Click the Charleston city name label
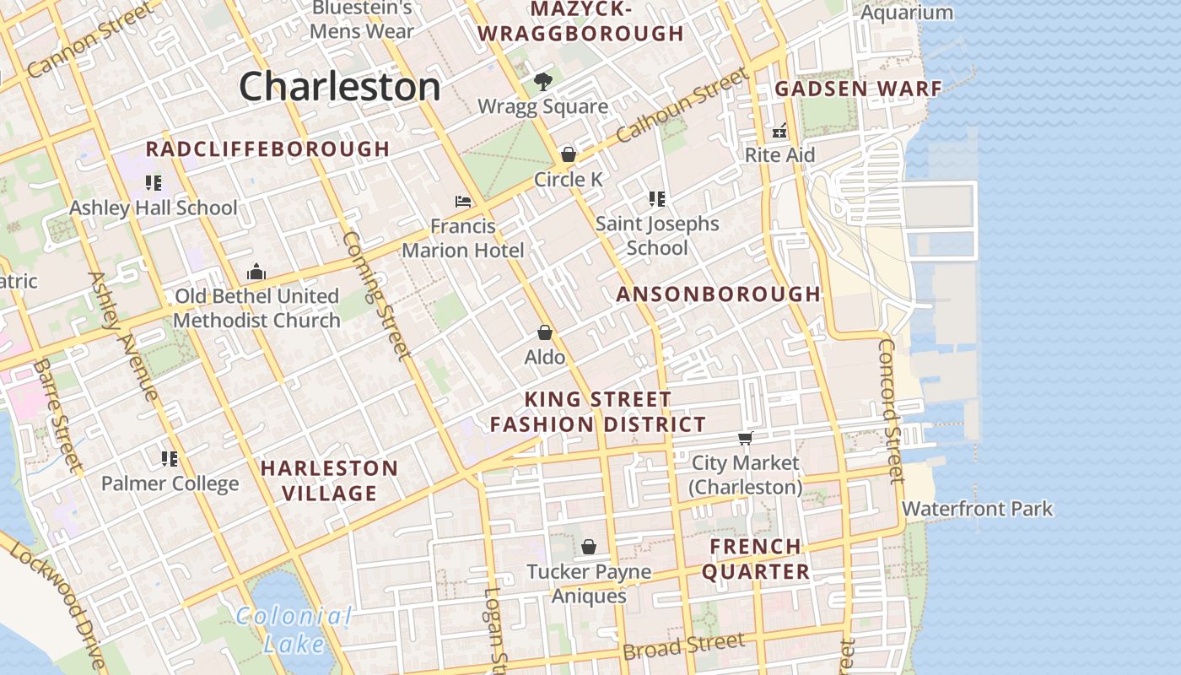click(339, 87)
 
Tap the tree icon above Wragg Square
click(542, 82)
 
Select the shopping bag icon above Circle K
click(569, 154)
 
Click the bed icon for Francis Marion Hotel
click(463, 202)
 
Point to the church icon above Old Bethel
click(256, 272)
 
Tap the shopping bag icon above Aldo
click(545, 332)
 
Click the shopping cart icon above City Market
click(745, 438)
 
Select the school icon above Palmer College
click(170, 459)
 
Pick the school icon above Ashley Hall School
click(153, 183)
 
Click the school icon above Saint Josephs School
click(657, 199)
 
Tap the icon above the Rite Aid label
click(779, 131)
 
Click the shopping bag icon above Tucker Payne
click(589, 548)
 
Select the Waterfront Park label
click(977, 509)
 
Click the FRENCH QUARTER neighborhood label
click(756, 559)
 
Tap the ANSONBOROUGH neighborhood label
click(718, 294)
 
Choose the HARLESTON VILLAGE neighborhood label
click(329, 480)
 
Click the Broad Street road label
click(683, 646)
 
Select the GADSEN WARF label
click(858, 89)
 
